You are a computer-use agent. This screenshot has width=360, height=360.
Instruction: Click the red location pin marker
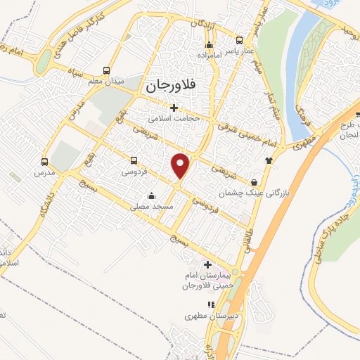182,165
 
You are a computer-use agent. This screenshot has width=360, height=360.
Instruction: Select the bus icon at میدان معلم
106,70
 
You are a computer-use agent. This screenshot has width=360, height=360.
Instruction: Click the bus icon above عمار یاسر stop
240,40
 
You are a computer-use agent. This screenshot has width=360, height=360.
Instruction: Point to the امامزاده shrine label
208,53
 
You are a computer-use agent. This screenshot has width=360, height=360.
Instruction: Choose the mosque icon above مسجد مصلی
150,196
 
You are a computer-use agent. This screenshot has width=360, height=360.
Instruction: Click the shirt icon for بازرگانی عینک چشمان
268,160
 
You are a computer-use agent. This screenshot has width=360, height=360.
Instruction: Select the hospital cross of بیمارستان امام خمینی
207,264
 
